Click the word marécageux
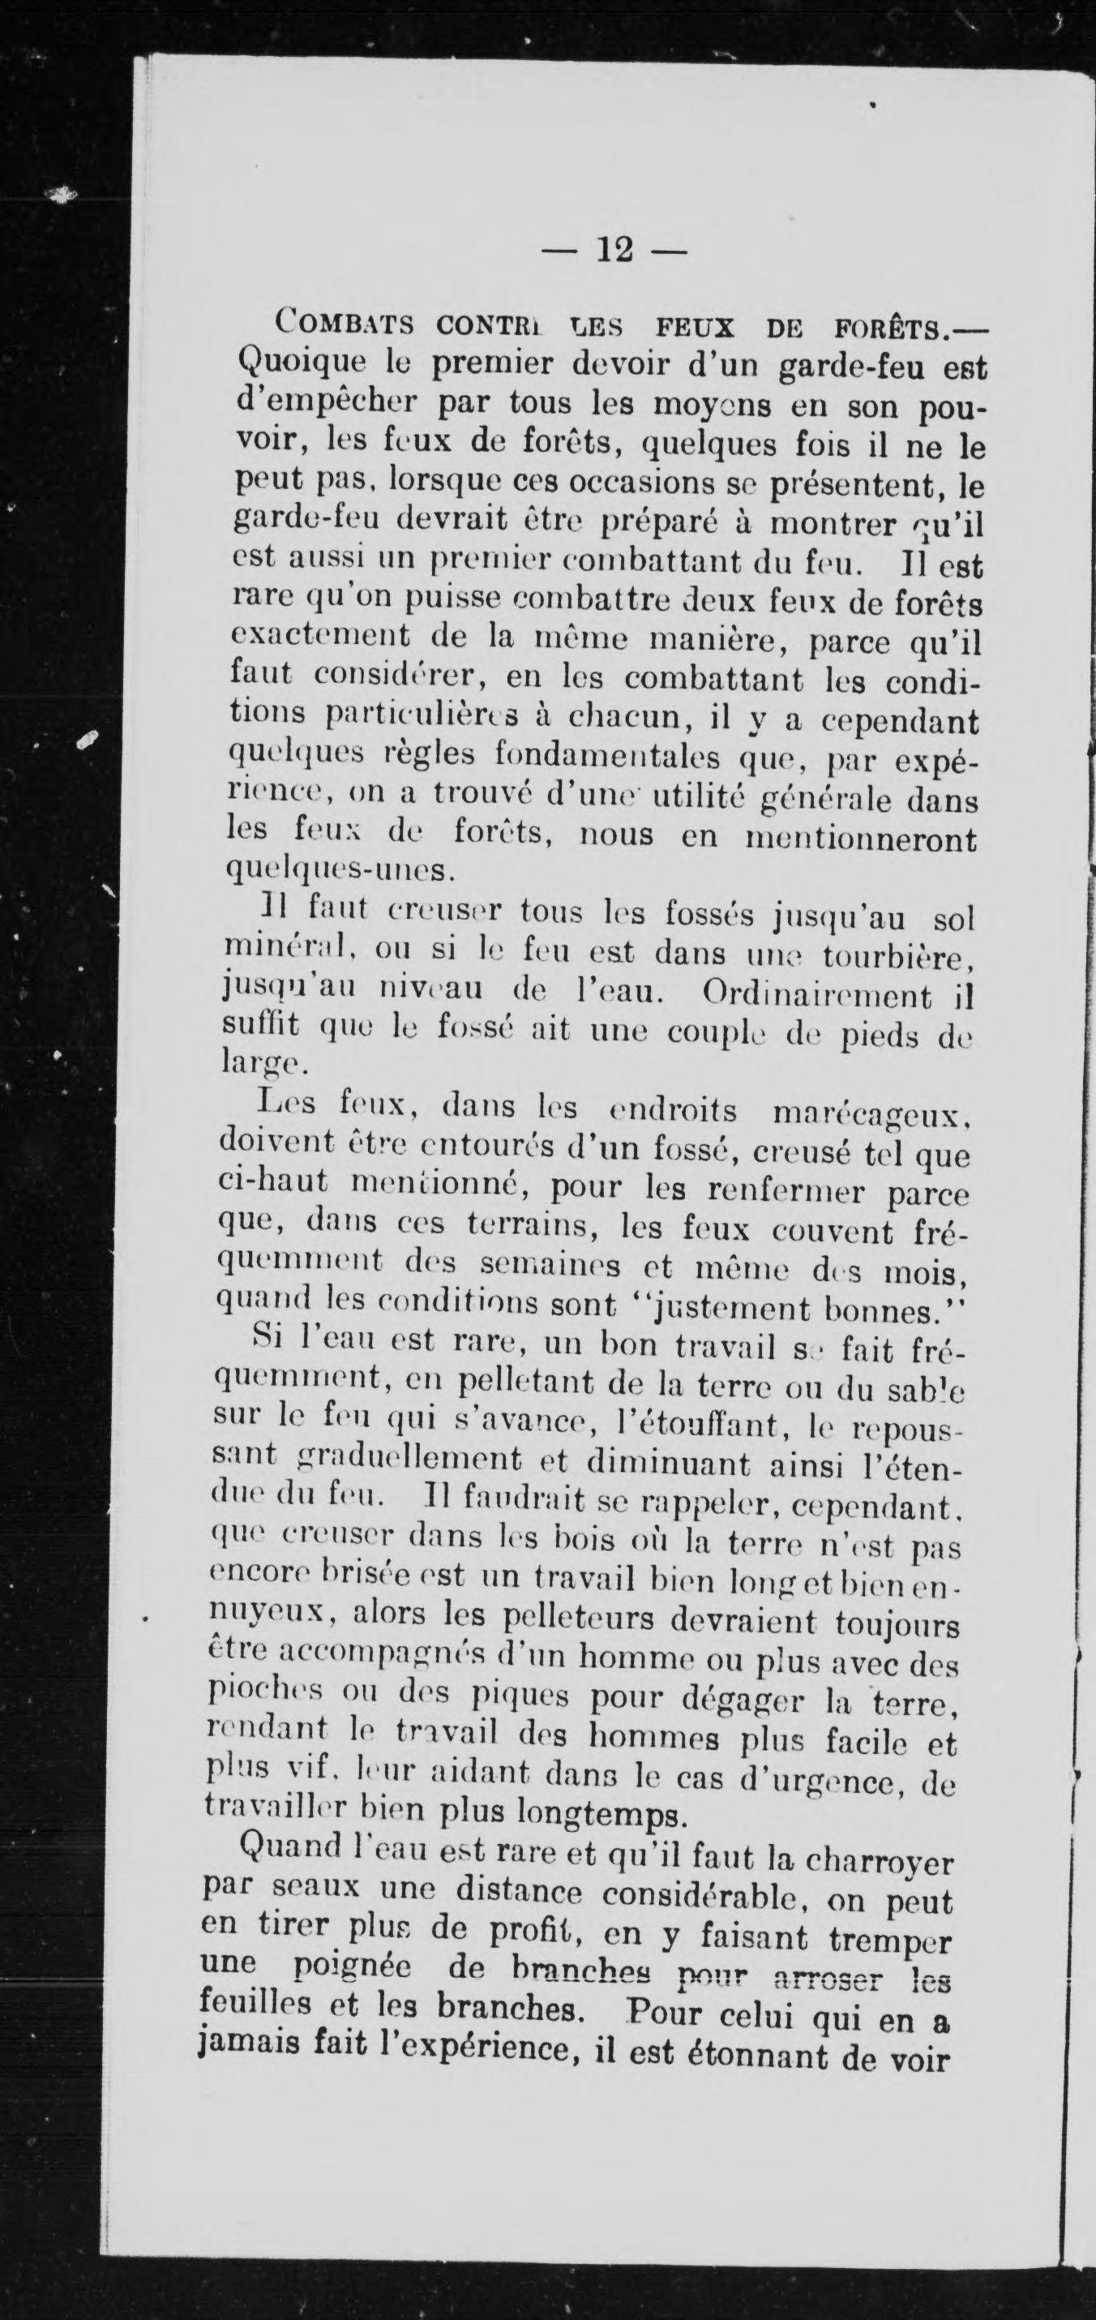870,1115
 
